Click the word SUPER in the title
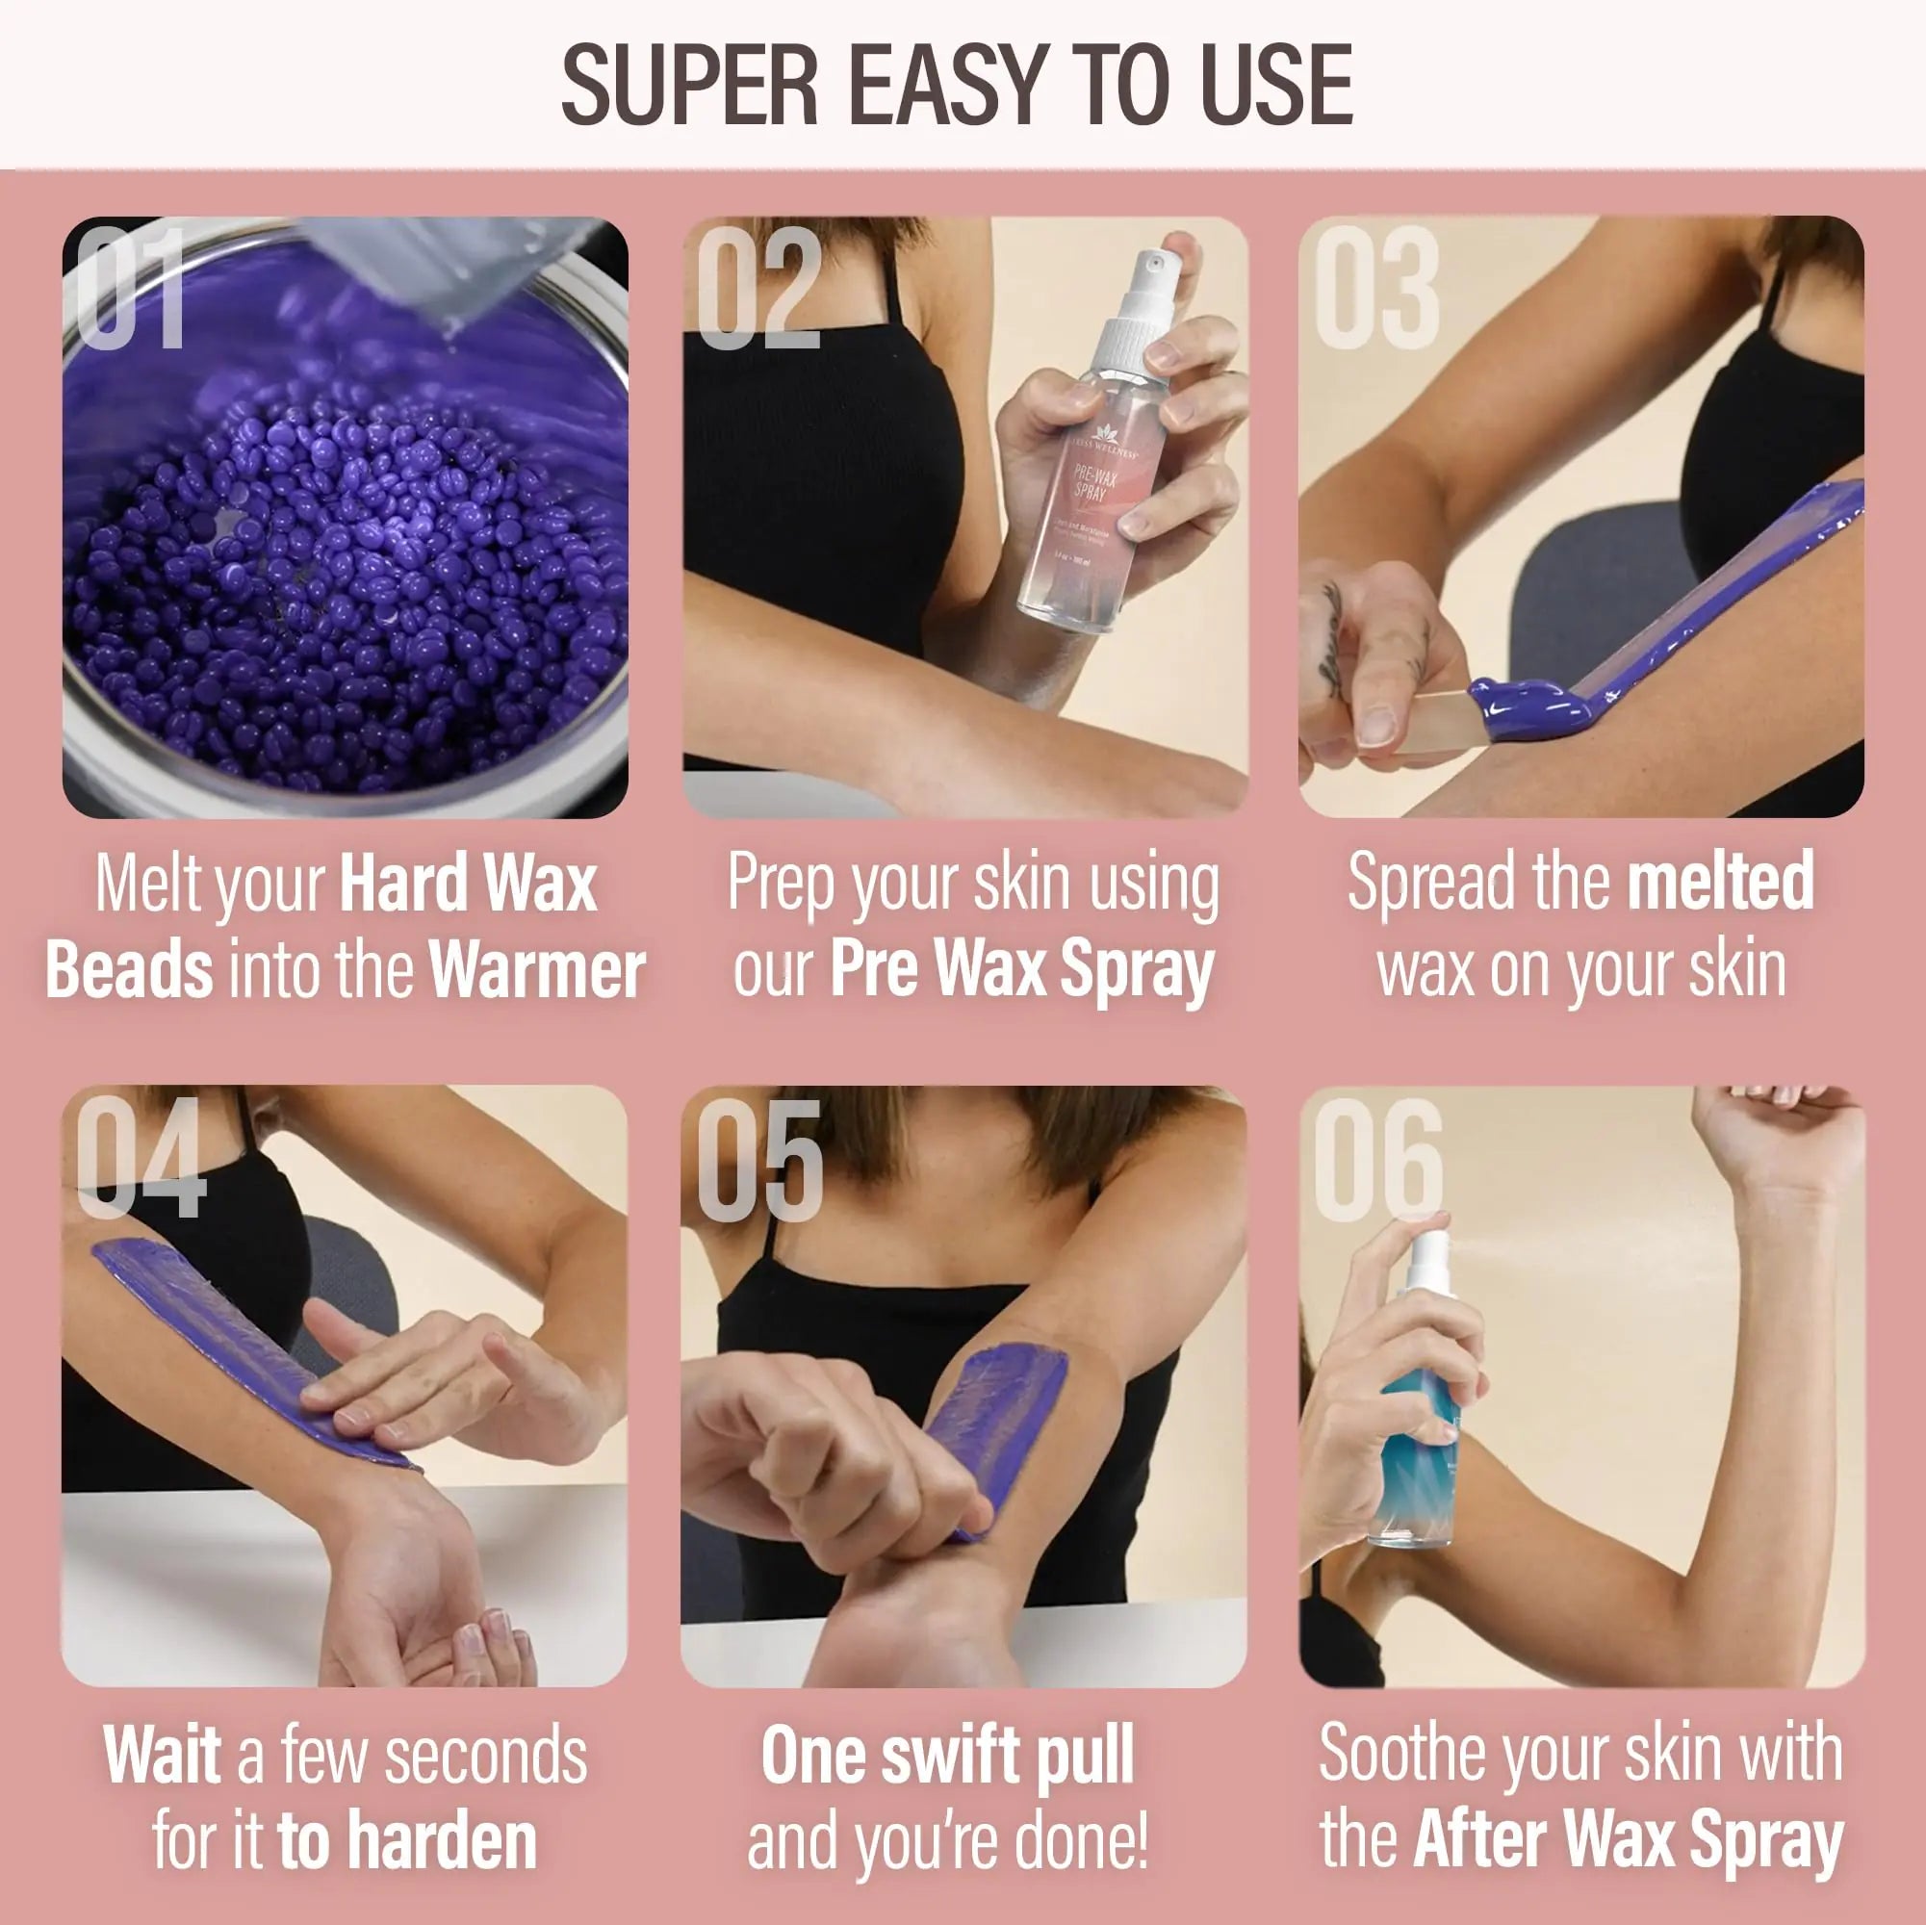click(689, 86)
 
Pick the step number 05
click(759, 1161)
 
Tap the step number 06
click(1378, 1161)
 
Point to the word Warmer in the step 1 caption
click(536, 970)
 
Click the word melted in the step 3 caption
click(1720, 882)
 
